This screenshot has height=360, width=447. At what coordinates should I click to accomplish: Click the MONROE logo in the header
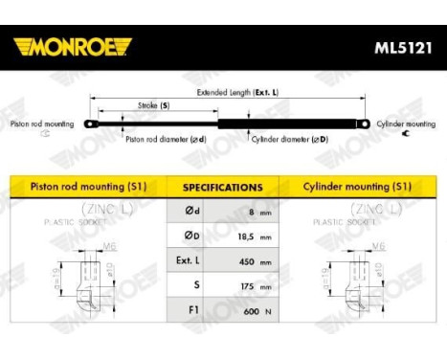(x=72, y=47)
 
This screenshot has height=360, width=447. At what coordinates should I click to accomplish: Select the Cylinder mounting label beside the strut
(x=406, y=124)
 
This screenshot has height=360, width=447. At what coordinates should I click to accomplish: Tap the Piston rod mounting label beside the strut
(x=40, y=124)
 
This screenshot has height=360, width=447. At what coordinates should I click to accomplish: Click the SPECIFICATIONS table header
(x=223, y=188)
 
